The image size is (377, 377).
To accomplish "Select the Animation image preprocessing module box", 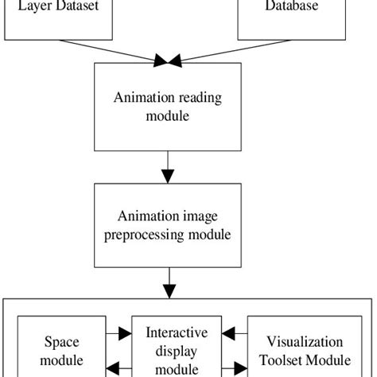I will point(168,227).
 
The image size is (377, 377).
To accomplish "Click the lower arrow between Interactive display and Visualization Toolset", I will point(235,368).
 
